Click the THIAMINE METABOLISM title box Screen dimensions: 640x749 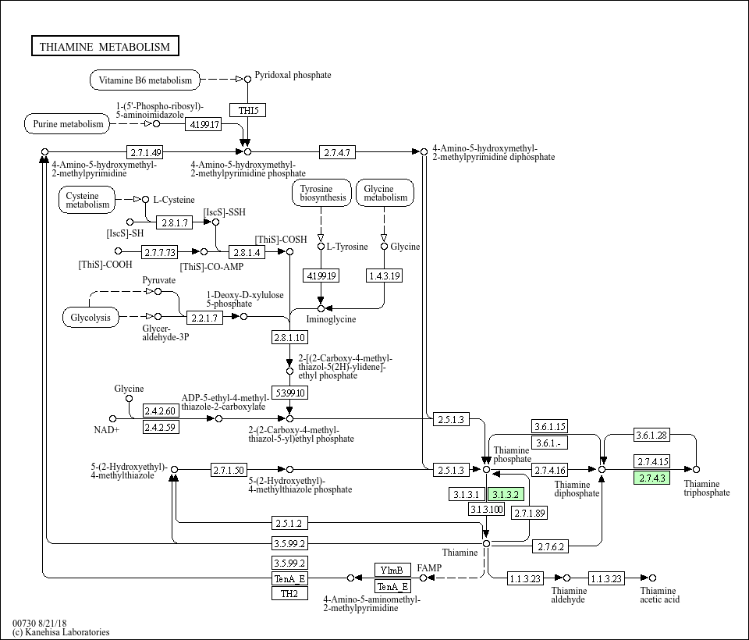[x=105, y=47]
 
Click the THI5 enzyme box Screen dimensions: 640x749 [x=247, y=110]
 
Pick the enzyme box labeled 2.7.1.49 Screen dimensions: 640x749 [x=146, y=151]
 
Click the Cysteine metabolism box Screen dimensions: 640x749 [x=87, y=200]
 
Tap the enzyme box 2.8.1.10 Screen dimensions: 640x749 [x=289, y=337]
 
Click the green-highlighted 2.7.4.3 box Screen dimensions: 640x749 [x=651, y=478]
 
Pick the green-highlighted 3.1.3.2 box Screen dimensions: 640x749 [x=505, y=494]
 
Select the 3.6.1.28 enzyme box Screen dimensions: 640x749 [x=651, y=435]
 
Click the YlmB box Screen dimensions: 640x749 [x=392, y=570]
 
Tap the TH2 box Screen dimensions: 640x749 [x=289, y=593]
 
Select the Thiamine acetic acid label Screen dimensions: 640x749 [x=659, y=595]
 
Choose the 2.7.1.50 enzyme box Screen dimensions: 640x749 [x=229, y=470]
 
